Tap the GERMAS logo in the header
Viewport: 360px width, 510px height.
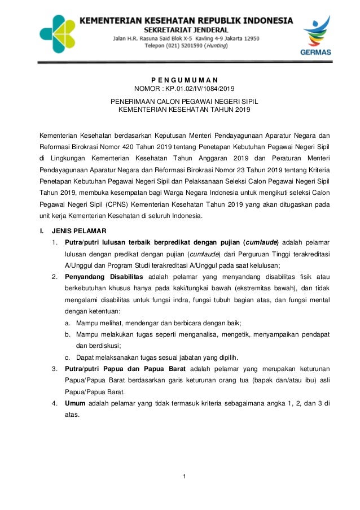(318, 37)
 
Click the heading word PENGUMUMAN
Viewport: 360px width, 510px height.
(180, 80)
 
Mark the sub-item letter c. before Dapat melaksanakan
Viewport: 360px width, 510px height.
(68, 357)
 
